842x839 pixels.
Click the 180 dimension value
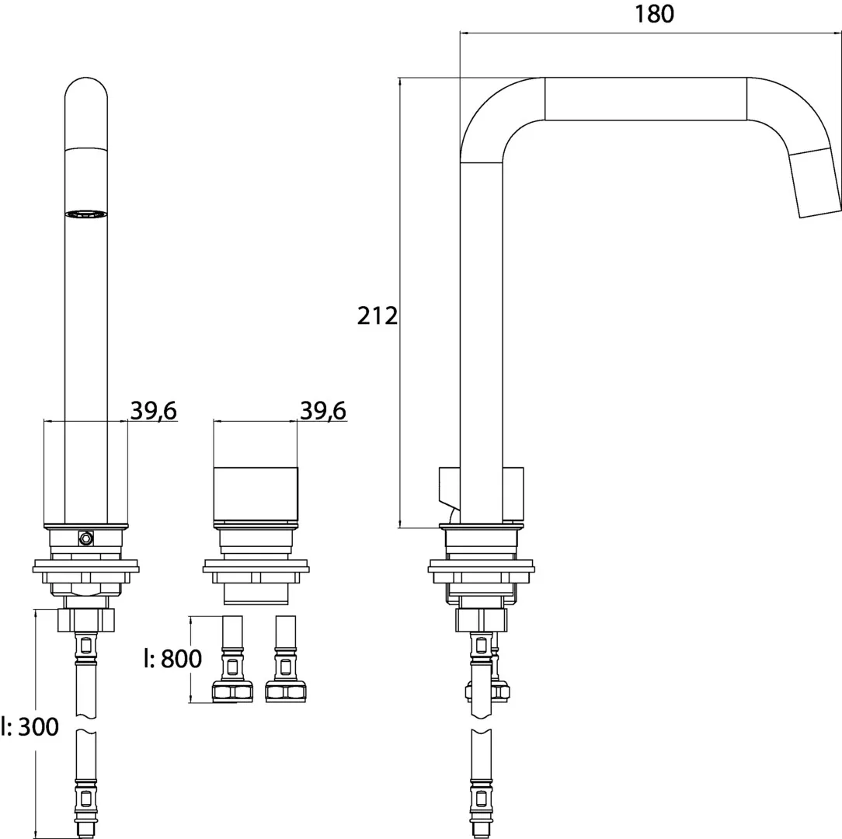click(654, 15)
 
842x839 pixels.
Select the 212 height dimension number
click(378, 316)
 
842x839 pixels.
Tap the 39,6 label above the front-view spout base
click(153, 411)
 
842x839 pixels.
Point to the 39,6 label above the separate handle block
click(323, 411)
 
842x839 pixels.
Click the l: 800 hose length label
click(172, 660)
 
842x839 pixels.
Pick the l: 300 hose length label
click(30, 727)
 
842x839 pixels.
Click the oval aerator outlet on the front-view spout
click(85, 214)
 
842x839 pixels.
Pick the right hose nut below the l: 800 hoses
click(287, 692)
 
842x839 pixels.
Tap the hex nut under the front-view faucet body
click(86, 620)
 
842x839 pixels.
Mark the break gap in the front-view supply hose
click(86, 726)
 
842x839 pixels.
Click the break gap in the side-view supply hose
click(482, 726)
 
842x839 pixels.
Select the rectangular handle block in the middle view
click(256, 494)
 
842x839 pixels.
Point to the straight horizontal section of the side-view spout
click(645, 99)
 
